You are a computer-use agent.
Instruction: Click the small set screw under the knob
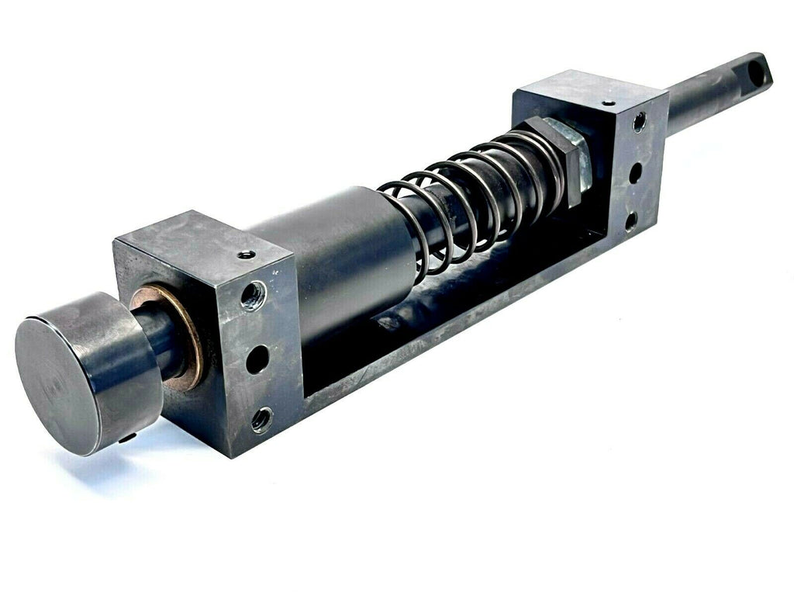pos(126,439)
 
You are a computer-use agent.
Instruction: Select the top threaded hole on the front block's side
pos(253,296)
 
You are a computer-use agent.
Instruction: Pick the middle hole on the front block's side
pos(257,359)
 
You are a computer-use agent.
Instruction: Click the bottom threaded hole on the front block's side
pos(261,420)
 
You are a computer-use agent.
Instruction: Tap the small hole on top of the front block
pos(246,255)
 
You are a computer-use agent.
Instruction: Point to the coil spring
pos(473,194)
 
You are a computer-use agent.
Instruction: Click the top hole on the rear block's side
pos(639,122)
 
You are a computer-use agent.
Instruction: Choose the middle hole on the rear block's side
pos(636,172)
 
